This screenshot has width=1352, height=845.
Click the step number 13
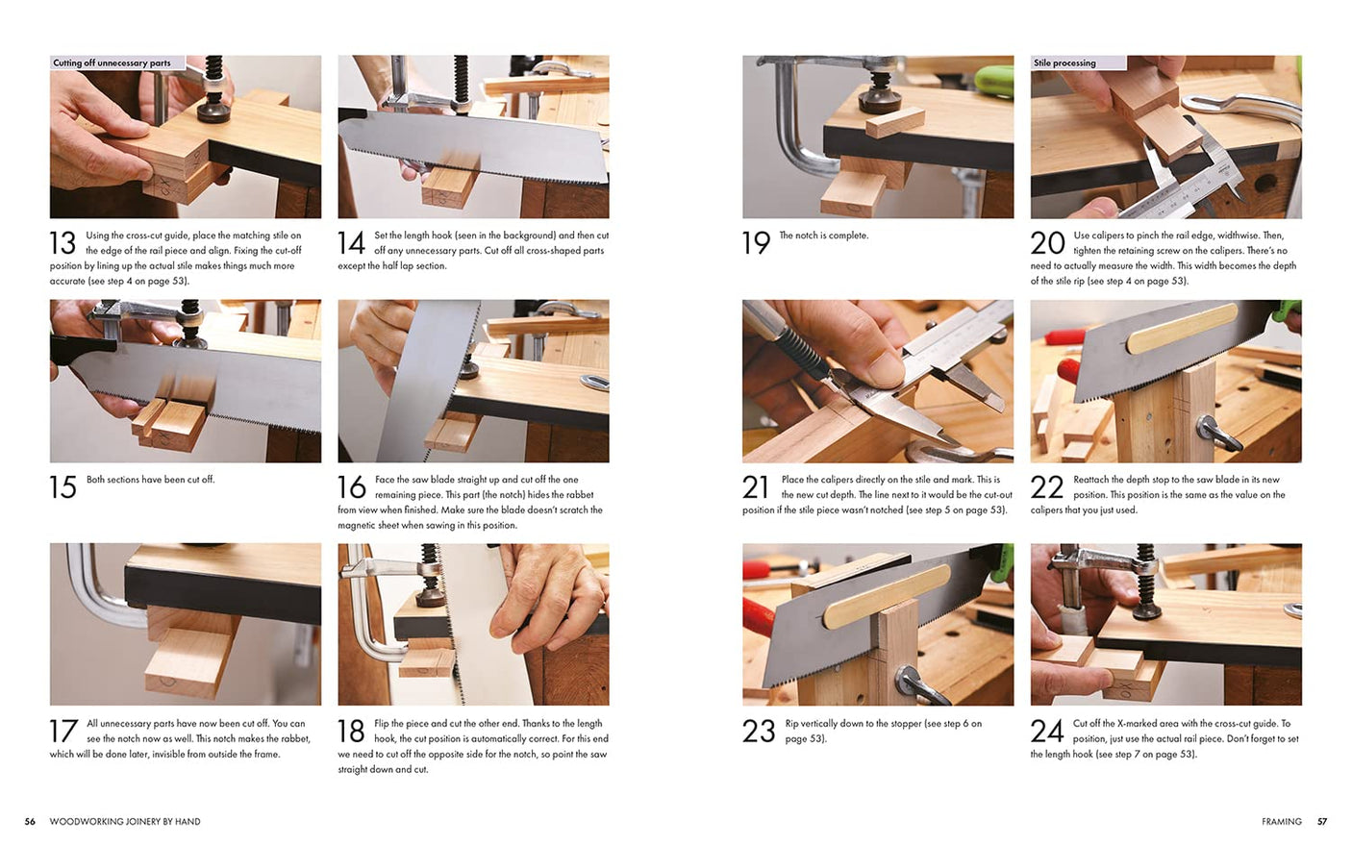point(63,243)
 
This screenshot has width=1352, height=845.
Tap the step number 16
point(351,487)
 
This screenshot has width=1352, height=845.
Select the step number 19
point(756,243)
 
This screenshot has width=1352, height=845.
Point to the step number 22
point(1046,487)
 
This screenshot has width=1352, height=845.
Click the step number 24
point(1046,732)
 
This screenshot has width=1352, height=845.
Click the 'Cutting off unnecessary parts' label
point(112,63)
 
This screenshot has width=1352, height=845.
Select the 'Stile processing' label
point(1064,63)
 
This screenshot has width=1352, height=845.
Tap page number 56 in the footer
point(30,822)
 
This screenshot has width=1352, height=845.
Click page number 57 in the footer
point(1322,822)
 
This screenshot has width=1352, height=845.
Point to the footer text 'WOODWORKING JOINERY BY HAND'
point(125,822)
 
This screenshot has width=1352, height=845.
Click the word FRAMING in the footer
point(1281,822)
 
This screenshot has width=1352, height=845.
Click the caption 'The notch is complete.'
point(823,236)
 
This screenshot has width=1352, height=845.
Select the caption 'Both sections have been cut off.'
point(150,480)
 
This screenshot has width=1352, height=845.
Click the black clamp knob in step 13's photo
point(213,109)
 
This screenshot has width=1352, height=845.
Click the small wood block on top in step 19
point(894,122)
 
